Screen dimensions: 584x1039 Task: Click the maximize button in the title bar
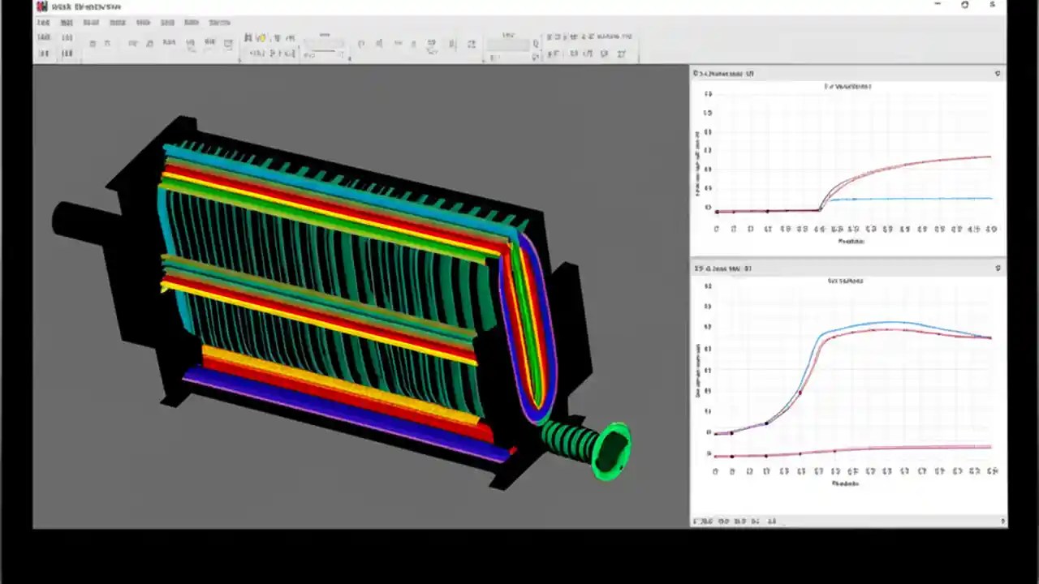click(964, 5)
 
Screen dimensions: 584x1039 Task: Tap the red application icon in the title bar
click(41, 6)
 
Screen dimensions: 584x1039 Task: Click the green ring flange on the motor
click(614, 450)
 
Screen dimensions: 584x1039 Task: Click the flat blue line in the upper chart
click(909, 199)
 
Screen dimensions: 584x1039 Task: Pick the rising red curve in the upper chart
click(909, 166)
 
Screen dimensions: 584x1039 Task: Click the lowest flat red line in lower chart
click(893, 448)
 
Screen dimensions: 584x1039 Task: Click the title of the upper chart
click(848, 86)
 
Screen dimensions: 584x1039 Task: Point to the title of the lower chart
click(845, 281)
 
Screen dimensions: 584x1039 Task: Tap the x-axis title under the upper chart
click(851, 241)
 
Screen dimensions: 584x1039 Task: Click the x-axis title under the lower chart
click(845, 483)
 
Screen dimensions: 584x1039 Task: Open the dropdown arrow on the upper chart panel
click(998, 74)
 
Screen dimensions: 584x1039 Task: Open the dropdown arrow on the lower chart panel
click(998, 268)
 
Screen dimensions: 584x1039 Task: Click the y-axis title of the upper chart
click(697, 162)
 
